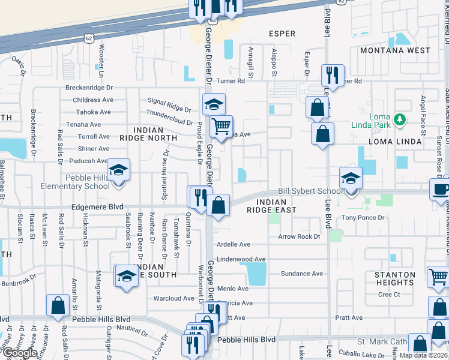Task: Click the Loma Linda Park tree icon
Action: (399, 122)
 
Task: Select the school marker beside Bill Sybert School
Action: (351, 178)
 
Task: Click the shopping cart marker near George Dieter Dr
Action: (221, 127)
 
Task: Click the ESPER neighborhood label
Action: (282, 34)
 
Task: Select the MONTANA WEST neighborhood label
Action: (395, 50)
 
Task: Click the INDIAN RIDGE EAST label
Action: (272, 206)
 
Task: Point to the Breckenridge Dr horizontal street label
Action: (89, 88)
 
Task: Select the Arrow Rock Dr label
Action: (300, 236)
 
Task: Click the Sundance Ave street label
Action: (302, 274)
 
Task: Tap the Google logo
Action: (19, 352)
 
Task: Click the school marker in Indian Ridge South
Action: (127, 276)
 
